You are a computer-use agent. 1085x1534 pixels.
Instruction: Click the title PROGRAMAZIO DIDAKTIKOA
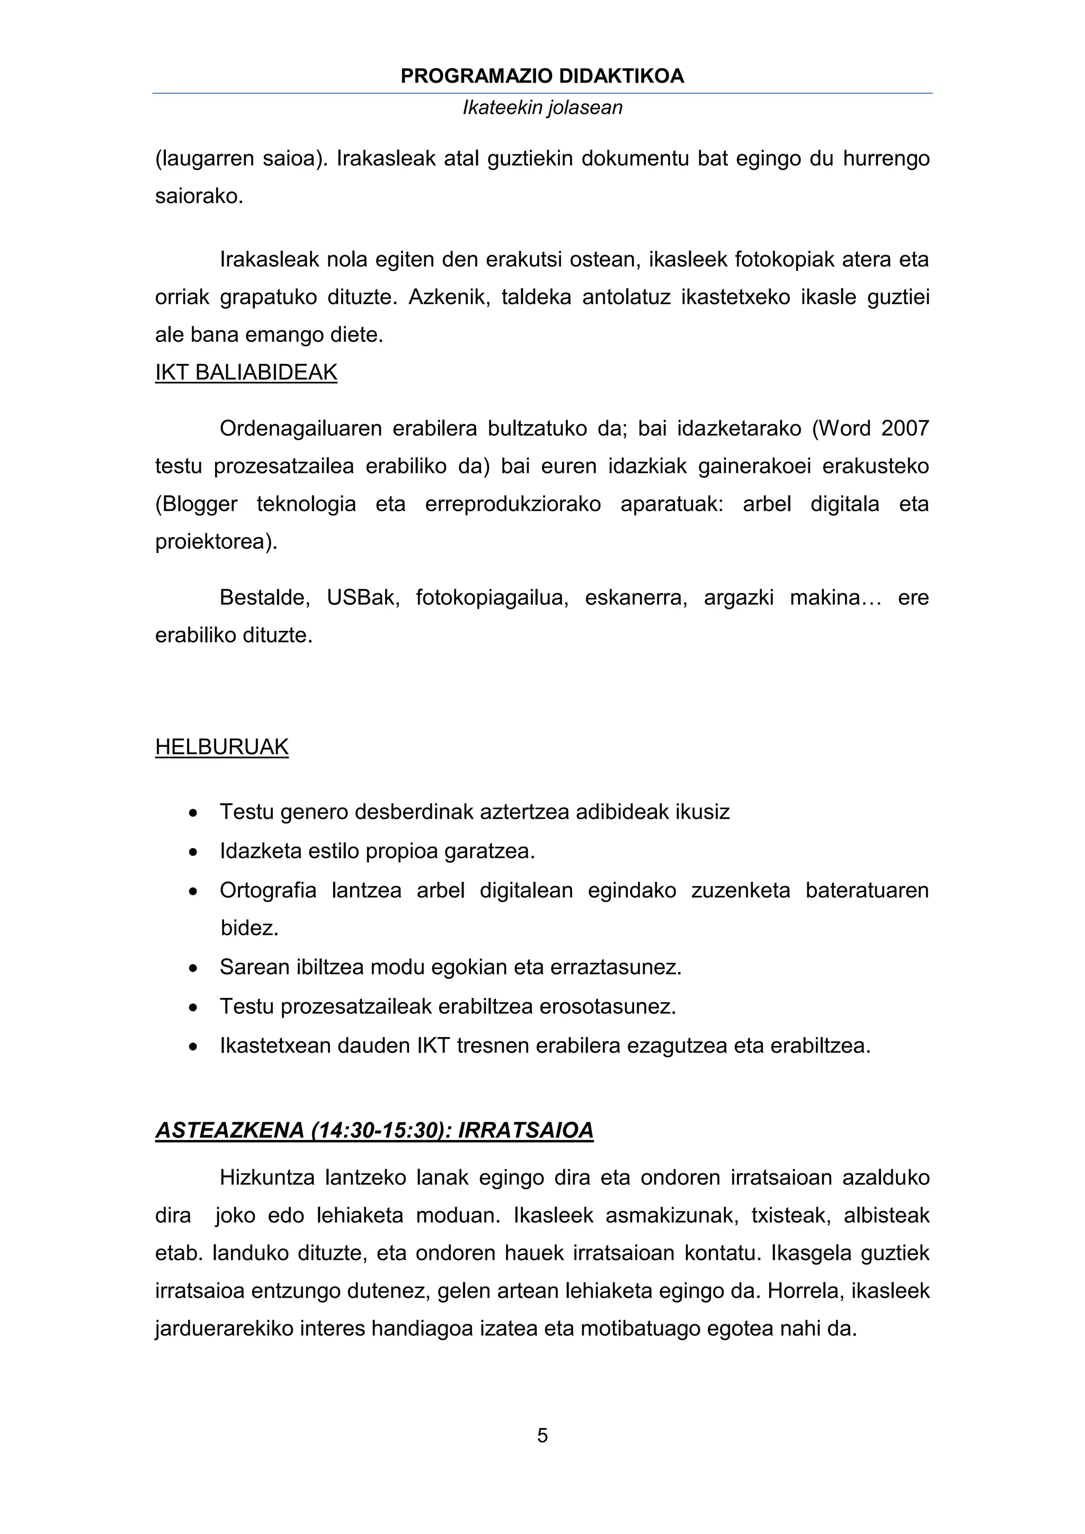tap(542, 76)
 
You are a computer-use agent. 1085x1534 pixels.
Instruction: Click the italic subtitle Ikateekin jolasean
tap(542, 108)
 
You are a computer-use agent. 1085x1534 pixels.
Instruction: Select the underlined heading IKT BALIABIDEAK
tap(246, 372)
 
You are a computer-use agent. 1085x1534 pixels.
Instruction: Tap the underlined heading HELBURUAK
tap(222, 747)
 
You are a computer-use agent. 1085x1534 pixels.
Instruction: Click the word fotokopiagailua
tap(492, 597)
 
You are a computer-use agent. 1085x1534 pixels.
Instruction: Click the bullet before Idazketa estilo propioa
tap(193, 852)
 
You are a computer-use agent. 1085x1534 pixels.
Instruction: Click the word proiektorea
tap(216, 542)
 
